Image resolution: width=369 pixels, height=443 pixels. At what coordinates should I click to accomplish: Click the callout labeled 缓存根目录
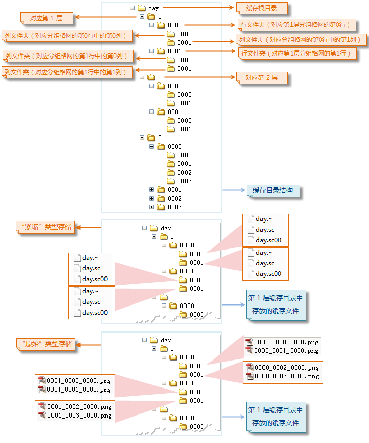tap(262, 8)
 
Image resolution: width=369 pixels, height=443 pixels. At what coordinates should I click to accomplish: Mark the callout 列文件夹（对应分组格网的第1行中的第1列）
tap(65, 72)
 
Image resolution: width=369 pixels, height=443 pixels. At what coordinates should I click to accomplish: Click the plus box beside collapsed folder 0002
tap(151, 198)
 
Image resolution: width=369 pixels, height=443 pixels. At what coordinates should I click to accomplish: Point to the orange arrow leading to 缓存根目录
tap(199, 8)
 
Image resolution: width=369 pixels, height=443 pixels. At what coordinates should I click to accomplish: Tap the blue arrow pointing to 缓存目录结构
tap(234, 191)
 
